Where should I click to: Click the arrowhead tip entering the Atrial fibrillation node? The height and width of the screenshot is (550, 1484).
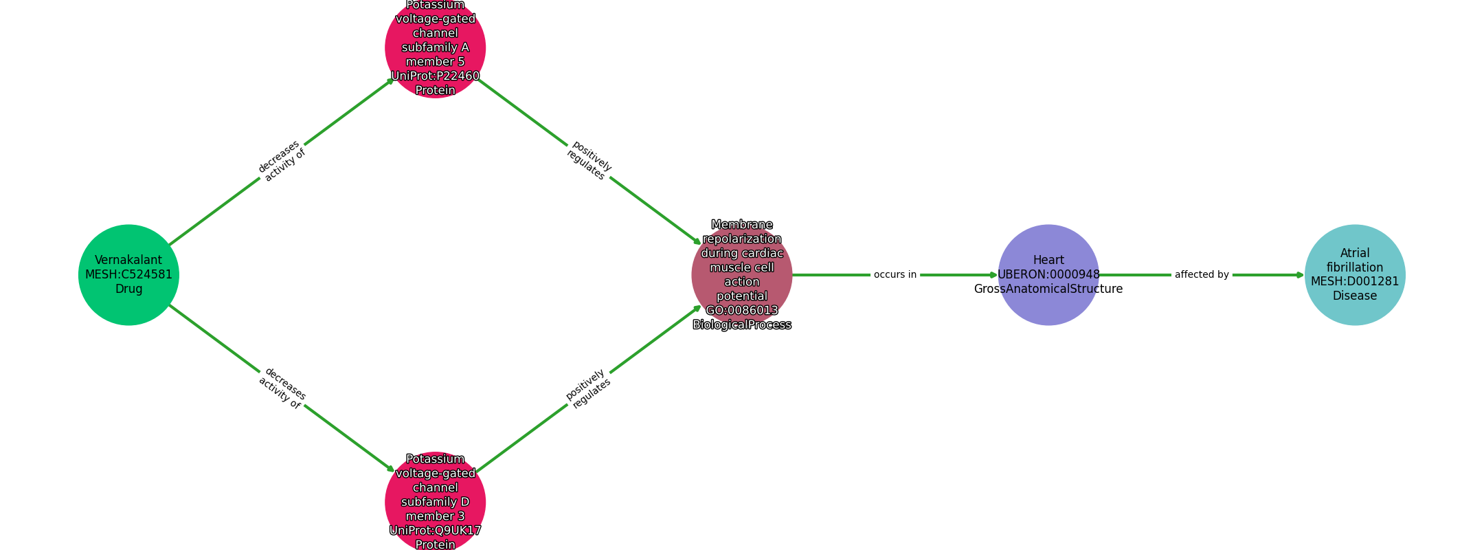1304,275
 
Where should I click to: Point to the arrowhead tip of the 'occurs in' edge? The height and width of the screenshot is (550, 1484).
998,275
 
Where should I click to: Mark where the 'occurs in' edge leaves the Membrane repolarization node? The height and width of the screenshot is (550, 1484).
793,275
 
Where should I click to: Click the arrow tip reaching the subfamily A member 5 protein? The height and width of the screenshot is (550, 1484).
395,78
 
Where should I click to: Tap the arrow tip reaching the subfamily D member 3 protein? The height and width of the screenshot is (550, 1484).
395,472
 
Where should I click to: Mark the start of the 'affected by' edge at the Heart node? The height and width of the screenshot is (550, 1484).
1099,275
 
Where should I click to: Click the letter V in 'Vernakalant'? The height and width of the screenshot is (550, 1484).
98,261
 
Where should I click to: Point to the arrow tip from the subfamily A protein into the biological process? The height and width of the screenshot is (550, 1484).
701,245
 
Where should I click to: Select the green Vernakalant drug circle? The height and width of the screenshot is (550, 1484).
129,275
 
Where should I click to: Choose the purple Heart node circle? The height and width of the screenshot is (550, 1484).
1048,275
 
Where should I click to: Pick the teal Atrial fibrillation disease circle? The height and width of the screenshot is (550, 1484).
1355,275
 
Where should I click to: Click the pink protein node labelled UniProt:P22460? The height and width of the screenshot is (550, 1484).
436,47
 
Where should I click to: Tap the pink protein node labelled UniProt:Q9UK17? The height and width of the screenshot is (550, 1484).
436,503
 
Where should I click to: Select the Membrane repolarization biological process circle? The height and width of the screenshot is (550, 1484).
742,275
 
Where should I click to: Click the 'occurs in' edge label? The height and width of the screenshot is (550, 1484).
895,275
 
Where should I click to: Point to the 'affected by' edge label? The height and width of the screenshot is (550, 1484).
1202,275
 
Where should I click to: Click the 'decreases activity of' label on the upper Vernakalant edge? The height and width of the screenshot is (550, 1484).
282,161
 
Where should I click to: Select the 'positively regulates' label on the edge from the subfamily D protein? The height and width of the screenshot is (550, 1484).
588,388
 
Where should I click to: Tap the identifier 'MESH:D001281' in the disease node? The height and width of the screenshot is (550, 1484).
1355,282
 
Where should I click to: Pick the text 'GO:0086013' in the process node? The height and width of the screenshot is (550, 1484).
742,311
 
